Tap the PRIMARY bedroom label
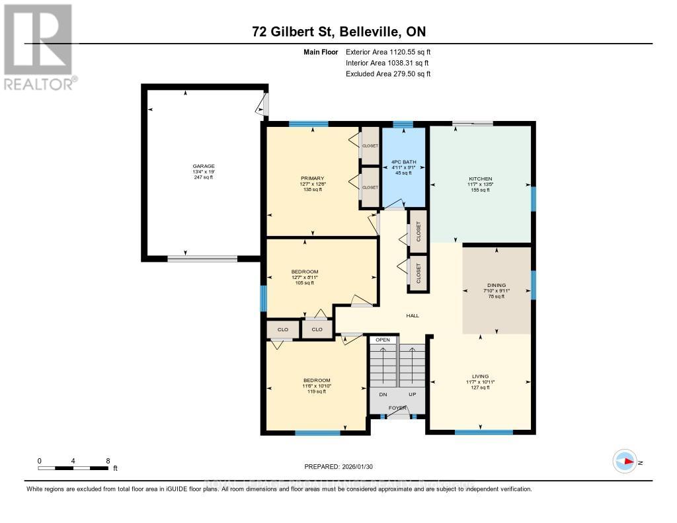pos(311,178)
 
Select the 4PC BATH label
pos(402,162)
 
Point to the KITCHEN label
pos(481,179)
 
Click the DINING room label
pos(496,285)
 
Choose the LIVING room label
pos(480,376)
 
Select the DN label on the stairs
pos(383,394)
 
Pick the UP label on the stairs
pos(412,394)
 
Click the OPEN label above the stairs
pos(383,340)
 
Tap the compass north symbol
pos(625,462)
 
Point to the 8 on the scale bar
pos(108,460)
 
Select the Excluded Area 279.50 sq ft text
pos(388,74)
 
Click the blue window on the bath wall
pos(403,124)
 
